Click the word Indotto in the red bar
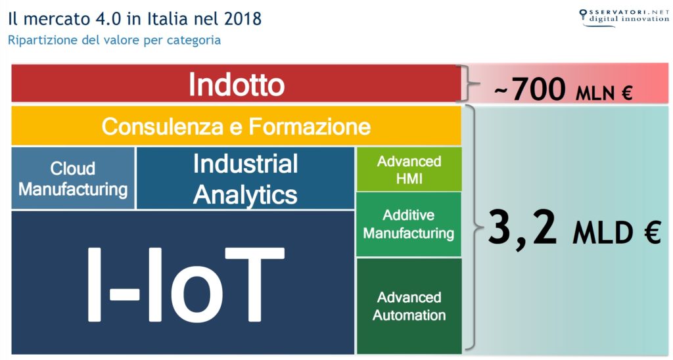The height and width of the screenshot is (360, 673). [237, 84]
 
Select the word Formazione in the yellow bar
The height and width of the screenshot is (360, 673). [310, 127]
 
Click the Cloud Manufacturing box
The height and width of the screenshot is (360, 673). [73, 178]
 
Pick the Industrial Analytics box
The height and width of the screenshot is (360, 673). [245, 178]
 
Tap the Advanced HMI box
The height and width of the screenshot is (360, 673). [409, 169]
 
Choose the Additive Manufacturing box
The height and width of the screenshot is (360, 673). [409, 224]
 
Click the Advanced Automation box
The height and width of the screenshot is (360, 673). [409, 306]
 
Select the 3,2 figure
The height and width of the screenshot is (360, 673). [522, 228]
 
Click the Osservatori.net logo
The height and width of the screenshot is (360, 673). [624, 17]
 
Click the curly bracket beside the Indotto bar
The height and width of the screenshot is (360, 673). [463, 83]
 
